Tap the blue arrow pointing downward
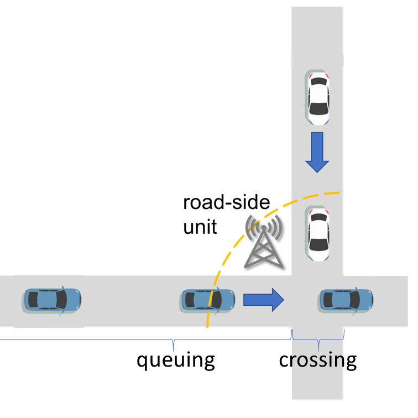click(x=317, y=152)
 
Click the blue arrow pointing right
click(x=263, y=300)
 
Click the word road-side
click(x=227, y=202)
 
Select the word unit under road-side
click(x=200, y=226)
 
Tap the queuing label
click(x=175, y=360)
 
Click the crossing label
click(x=317, y=360)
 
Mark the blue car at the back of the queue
click(x=53, y=300)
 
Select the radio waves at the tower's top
click(x=264, y=226)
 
